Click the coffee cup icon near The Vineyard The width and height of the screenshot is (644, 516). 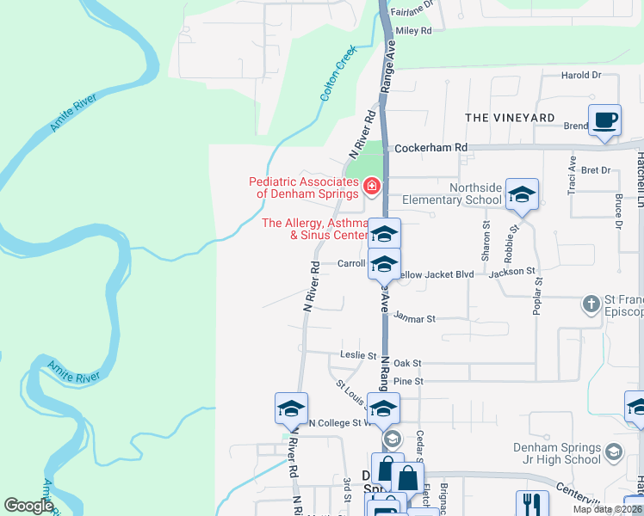point(604,120)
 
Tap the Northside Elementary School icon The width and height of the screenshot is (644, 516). point(521,194)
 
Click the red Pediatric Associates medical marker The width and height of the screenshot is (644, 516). point(372,186)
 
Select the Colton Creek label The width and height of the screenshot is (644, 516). point(337,75)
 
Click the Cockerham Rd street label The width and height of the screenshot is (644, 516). point(430,148)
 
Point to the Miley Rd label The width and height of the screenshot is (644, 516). point(413,30)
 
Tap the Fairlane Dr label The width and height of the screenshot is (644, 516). point(415,14)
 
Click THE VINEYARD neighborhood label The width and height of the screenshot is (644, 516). point(510,117)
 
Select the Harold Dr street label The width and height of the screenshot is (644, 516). point(580,76)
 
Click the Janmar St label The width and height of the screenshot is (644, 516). point(415,317)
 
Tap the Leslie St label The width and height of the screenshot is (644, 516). point(359,355)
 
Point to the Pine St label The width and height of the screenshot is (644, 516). point(408,381)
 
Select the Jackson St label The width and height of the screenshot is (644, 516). point(512,273)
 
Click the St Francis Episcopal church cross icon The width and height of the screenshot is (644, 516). point(591,304)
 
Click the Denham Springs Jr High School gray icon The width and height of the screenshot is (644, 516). point(613,451)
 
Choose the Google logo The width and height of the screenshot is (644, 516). point(29,506)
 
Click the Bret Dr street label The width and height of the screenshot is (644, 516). point(595,170)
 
